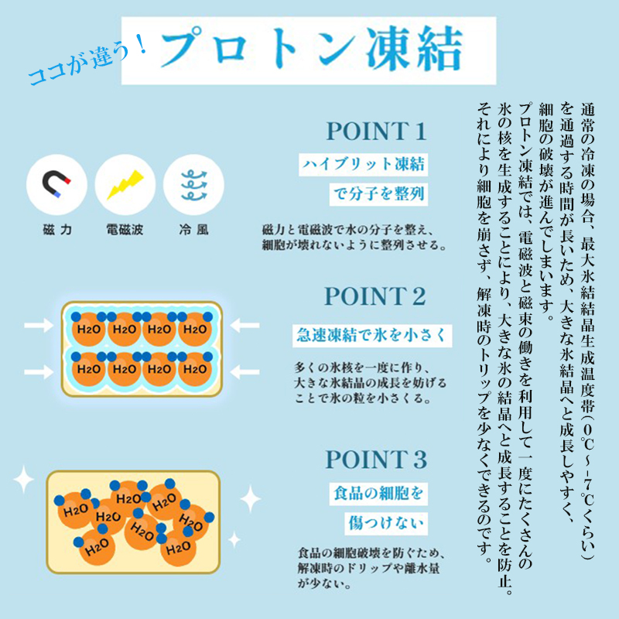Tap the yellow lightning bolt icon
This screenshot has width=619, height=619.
125,184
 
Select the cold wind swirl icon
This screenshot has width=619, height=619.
193,185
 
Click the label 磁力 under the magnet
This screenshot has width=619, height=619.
56,229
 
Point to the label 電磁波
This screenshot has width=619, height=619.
125,229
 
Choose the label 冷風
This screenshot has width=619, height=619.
193,229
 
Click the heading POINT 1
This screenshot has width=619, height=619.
376,131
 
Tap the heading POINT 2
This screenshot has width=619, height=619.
375,296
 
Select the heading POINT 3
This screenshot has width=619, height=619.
376,460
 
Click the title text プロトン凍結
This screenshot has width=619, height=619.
312,50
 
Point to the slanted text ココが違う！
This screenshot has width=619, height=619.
87,62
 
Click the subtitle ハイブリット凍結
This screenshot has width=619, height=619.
363,164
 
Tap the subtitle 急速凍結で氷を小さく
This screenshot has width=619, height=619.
372,336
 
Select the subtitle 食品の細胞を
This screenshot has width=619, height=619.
378,494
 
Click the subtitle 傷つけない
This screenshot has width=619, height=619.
385,524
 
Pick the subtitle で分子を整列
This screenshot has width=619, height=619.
378,194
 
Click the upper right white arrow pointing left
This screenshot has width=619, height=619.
245,326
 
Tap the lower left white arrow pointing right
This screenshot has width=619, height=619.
39,372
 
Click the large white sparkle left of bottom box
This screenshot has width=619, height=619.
24,479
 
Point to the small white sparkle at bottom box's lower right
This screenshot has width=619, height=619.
234,539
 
